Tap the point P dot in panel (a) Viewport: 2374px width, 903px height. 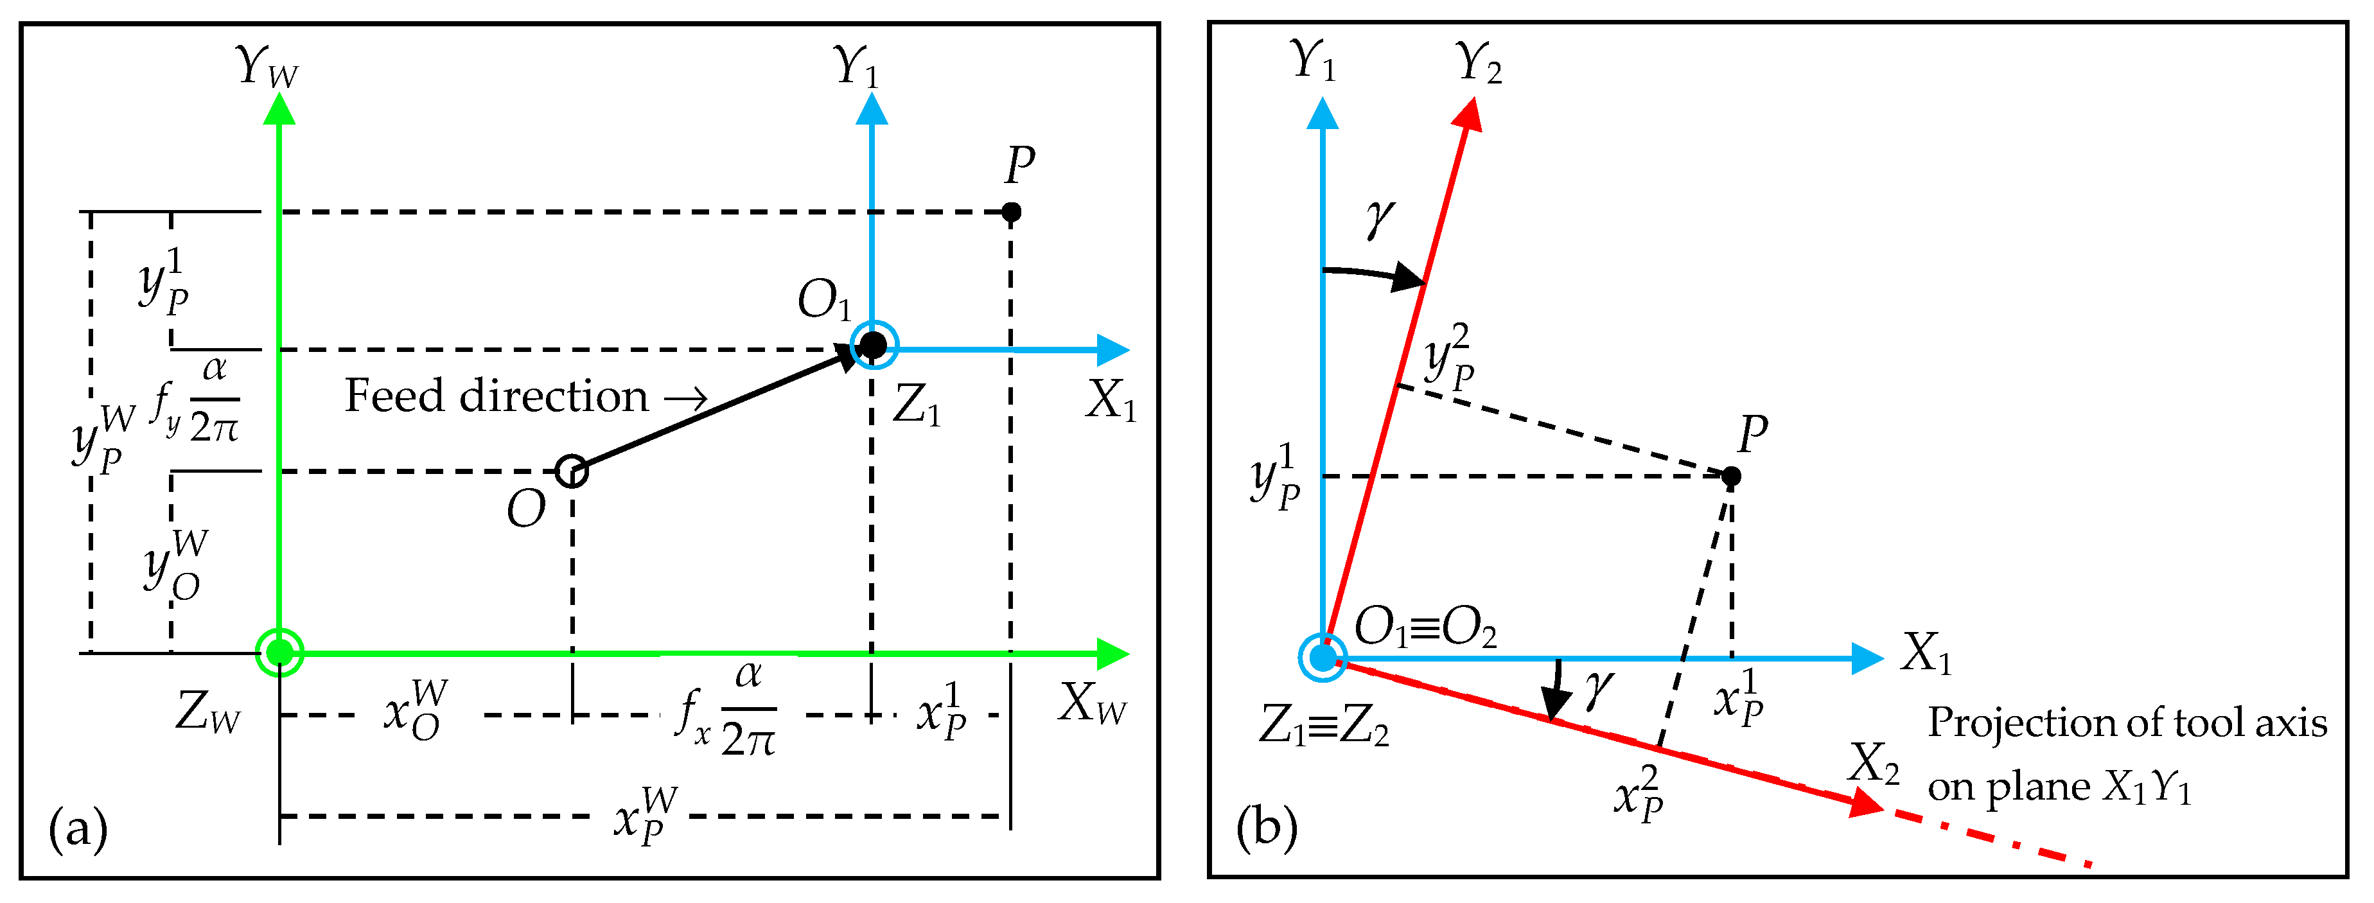click(x=1011, y=212)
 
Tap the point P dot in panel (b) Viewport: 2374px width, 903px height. click(x=1731, y=477)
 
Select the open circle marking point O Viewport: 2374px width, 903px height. click(x=572, y=471)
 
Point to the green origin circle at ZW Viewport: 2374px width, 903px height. click(x=279, y=653)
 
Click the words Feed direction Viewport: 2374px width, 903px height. click(x=497, y=396)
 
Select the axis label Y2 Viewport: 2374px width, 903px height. click(x=1478, y=64)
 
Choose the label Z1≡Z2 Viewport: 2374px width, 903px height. click(x=1323, y=727)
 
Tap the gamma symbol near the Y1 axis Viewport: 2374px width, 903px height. click(x=1380, y=219)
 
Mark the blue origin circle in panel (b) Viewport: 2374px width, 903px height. click(x=1323, y=658)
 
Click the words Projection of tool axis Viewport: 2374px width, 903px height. click(x=2127, y=723)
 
